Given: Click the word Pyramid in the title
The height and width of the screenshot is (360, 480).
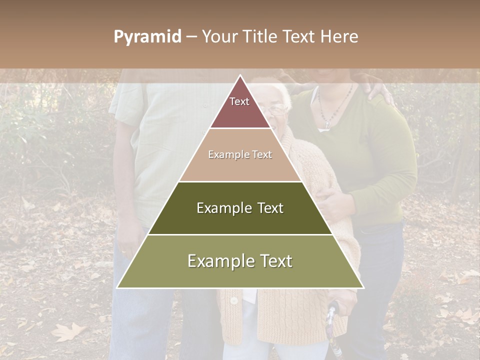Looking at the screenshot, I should [147, 37].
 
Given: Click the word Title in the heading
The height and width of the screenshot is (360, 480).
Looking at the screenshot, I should [260, 36].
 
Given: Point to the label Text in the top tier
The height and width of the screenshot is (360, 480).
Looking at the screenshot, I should [239, 101].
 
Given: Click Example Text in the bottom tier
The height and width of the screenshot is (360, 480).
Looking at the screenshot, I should [240, 261].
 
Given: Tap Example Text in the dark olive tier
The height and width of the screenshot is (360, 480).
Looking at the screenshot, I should [240, 208].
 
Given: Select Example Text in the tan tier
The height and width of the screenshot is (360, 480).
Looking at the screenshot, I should [240, 154].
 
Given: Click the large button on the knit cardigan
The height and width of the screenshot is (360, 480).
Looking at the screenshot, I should [233, 300].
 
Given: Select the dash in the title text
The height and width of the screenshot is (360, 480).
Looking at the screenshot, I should [191, 37].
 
